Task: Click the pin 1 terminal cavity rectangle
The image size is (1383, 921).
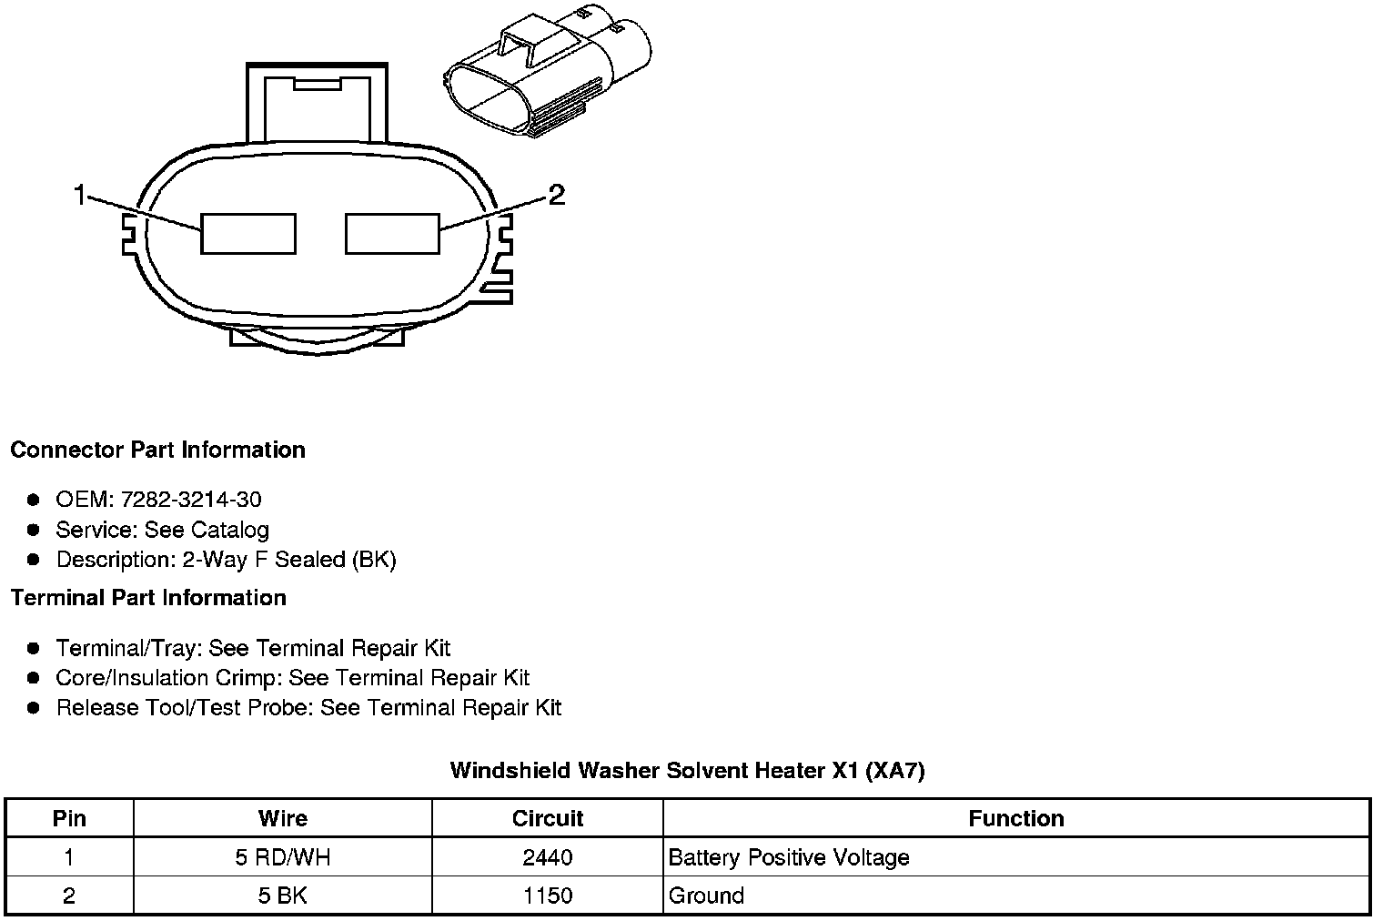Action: point(247,234)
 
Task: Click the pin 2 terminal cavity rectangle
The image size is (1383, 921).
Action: point(392,234)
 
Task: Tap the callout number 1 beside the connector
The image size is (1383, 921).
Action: point(80,194)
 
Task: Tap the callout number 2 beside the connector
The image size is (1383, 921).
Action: point(556,194)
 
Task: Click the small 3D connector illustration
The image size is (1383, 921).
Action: point(545,78)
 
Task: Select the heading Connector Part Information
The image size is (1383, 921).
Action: point(157,450)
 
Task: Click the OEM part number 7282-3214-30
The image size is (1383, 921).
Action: point(197,500)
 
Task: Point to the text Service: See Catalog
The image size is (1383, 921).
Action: point(162,530)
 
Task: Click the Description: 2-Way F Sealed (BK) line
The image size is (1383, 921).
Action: point(226,560)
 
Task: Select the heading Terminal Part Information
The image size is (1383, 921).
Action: point(148,598)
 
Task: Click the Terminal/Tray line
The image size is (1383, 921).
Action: point(253,648)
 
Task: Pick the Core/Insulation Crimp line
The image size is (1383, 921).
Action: point(292,678)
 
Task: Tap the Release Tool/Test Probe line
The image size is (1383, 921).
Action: point(308,708)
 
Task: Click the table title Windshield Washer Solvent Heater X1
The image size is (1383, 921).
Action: point(687,771)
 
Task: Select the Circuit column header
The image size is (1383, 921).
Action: point(548,818)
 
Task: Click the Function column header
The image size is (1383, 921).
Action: point(1015,818)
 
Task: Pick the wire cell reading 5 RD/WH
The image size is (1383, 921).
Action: point(282,857)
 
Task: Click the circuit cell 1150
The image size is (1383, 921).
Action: point(548,896)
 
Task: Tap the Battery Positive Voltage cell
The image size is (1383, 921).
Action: point(788,857)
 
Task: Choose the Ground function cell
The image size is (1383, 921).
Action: point(706,896)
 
